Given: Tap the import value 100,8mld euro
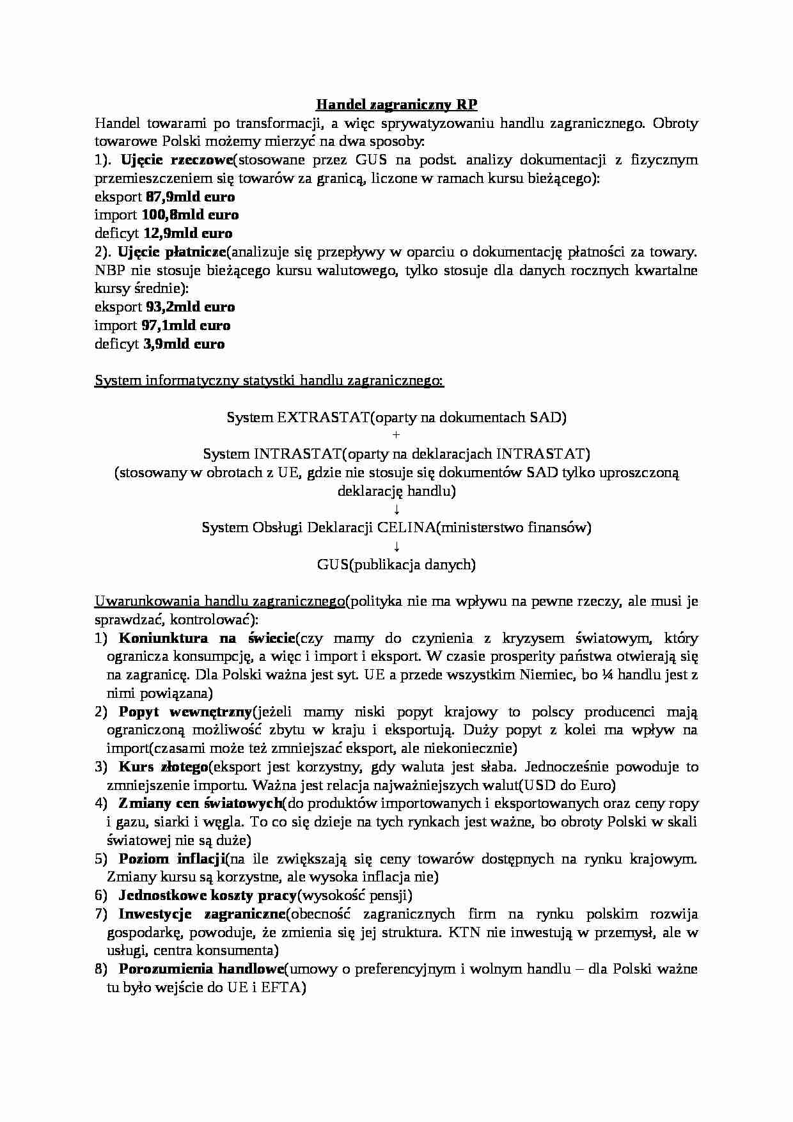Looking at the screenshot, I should pos(190,215).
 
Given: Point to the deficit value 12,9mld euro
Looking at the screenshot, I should pos(187,233).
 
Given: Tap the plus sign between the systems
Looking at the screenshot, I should pos(396,436).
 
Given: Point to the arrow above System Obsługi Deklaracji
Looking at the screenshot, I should pos(396,510).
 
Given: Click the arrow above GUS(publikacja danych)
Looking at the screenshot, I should pos(396,546).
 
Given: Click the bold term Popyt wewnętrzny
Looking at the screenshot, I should pos(185,712).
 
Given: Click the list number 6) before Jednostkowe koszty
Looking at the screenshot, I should pos(100,896).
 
